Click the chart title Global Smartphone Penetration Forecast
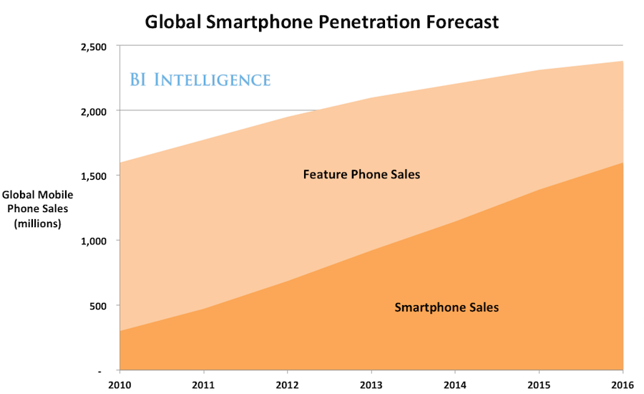coord(322,21)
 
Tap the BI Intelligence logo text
coord(200,79)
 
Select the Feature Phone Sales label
coord(361,174)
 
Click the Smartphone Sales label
coord(447,307)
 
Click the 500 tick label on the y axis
coord(97,306)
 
